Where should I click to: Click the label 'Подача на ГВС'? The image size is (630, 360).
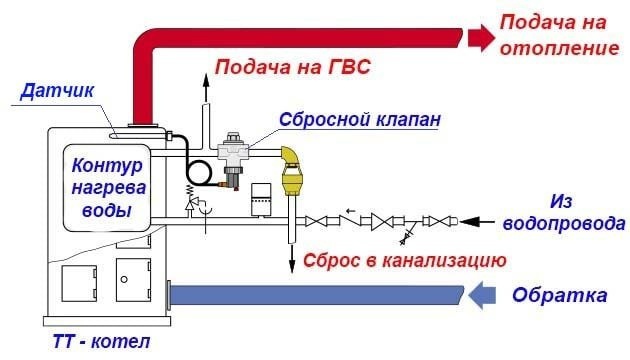coord(292,68)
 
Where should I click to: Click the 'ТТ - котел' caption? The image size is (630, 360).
coord(101,342)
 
